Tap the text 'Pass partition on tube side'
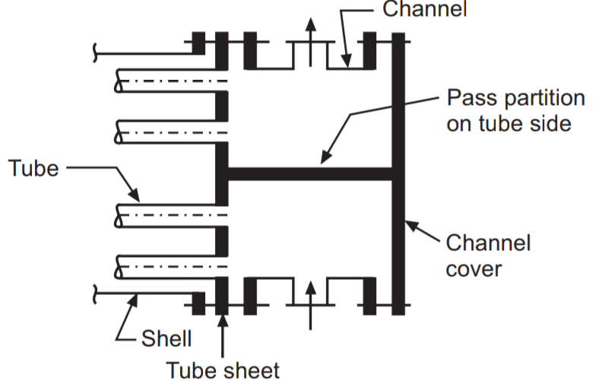click(515, 110)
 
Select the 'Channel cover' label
click(487, 256)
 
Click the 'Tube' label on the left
click(33, 168)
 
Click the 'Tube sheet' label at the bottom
click(223, 370)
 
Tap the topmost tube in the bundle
click(171, 81)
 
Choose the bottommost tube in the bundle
click(171, 265)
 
